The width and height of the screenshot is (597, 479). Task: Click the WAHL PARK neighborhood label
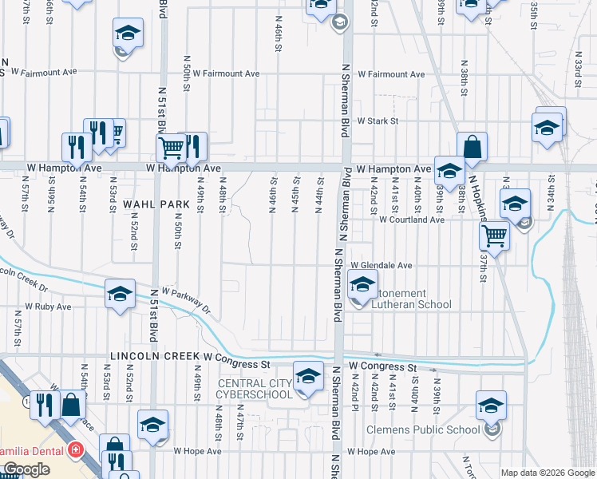[156, 204]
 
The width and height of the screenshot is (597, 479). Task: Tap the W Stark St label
[378, 121]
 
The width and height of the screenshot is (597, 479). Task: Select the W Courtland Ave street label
[411, 220]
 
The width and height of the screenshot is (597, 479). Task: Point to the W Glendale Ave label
[381, 266]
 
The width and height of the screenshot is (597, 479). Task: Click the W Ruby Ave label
[48, 307]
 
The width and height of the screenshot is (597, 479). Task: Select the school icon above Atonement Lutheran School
[362, 284]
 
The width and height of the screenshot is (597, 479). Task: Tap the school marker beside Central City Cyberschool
[307, 376]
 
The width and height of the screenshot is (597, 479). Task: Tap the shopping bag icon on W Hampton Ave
[472, 147]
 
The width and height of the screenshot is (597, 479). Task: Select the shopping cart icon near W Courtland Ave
[495, 236]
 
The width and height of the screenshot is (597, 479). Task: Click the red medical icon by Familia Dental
[75, 449]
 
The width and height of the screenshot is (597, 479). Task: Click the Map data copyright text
[547, 473]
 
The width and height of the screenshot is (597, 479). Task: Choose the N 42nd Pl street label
[354, 393]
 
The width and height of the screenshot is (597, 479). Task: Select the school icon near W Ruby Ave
[119, 294]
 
